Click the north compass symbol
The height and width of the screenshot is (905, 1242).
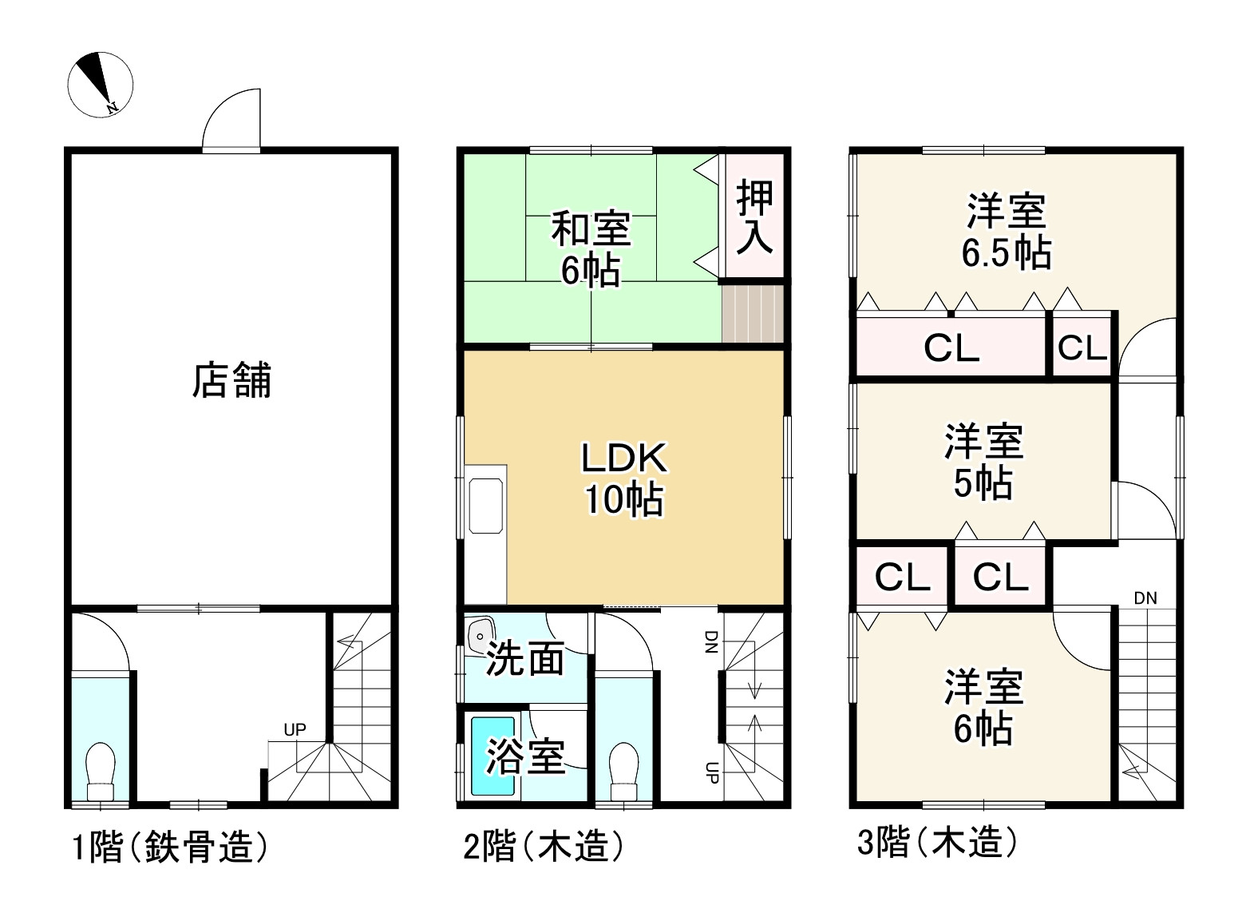pos(100,83)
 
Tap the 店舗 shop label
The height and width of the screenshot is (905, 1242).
pos(231,380)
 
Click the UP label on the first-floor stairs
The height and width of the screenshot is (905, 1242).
pos(295,729)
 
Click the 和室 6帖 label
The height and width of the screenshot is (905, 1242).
pos(591,249)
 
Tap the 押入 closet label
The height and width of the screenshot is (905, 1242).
pos(754,216)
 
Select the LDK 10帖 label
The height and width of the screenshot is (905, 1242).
pos(623,478)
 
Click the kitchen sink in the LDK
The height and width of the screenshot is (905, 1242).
pos(486,506)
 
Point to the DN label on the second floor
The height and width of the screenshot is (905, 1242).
pos(709,641)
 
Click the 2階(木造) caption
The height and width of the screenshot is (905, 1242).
pos(544,847)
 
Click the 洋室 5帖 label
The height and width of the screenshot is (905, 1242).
pos(983,462)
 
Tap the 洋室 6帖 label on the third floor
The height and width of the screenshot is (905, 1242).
pos(983,708)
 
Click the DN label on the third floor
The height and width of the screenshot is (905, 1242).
pos(1145,598)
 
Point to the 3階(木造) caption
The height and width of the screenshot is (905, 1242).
pos(937,842)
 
